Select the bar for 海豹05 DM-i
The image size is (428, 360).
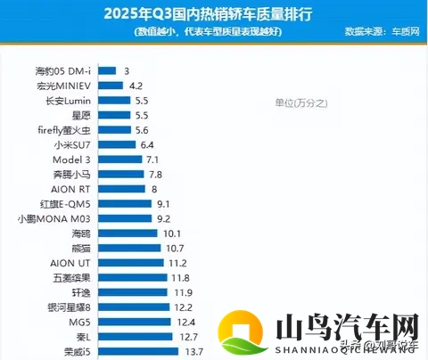click(107, 70)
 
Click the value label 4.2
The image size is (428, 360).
click(136, 86)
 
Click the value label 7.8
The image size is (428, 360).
click(155, 175)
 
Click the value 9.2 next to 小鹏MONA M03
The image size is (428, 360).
click(162, 218)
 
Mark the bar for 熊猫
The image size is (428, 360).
click(128, 248)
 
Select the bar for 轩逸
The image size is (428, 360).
click(133, 292)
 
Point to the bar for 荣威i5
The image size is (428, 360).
click(137, 351)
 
